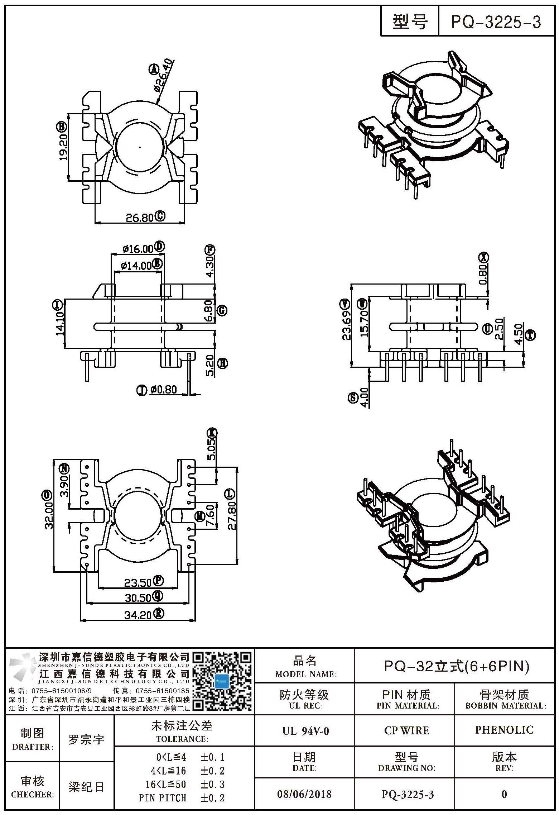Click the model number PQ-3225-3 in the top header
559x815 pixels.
496,22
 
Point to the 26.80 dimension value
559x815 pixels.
139,217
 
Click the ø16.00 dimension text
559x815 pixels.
138,248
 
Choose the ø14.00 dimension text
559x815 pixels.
136,266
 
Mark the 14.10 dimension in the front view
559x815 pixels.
60,324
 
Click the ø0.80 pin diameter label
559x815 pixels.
163,390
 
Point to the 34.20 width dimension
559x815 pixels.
138,625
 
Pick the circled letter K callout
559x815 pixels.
212,433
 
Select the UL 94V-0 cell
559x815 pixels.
305,730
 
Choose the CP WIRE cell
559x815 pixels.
406,730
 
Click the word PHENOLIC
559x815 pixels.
504,730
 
